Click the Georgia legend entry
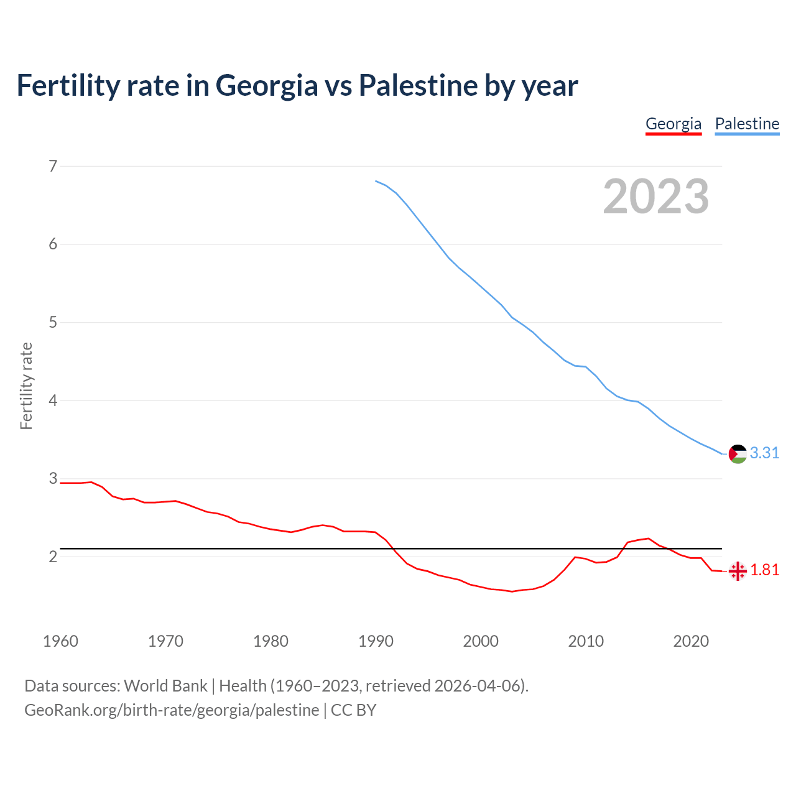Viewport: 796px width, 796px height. pyautogui.click(x=673, y=124)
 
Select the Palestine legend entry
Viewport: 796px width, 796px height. pyautogui.click(x=747, y=124)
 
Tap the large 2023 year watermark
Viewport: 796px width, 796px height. pyautogui.click(x=655, y=197)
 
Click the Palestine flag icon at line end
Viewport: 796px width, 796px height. pyautogui.click(x=738, y=454)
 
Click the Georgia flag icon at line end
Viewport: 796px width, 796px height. pyautogui.click(x=738, y=571)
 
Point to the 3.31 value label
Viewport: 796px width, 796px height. pyautogui.click(x=764, y=453)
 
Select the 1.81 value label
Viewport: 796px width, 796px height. pyautogui.click(x=764, y=570)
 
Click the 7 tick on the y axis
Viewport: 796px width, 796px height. pyautogui.click(x=53, y=166)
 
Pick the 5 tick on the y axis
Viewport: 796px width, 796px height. pyautogui.click(x=53, y=322)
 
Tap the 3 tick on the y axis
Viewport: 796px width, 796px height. pyautogui.click(x=53, y=478)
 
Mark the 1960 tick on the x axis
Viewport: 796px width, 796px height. pyautogui.click(x=60, y=641)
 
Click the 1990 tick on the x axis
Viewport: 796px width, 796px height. pyautogui.click(x=376, y=641)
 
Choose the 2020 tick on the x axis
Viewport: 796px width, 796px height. pyautogui.click(x=691, y=641)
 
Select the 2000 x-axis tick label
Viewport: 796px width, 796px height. pyautogui.click(x=481, y=641)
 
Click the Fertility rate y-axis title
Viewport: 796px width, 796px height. pyautogui.click(x=26, y=386)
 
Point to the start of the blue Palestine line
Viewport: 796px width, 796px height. pyautogui.click(x=376, y=181)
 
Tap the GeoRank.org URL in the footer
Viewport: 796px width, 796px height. pyautogui.click(x=172, y=710)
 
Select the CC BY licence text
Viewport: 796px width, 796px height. pyautogui.click(x=353, y=710)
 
